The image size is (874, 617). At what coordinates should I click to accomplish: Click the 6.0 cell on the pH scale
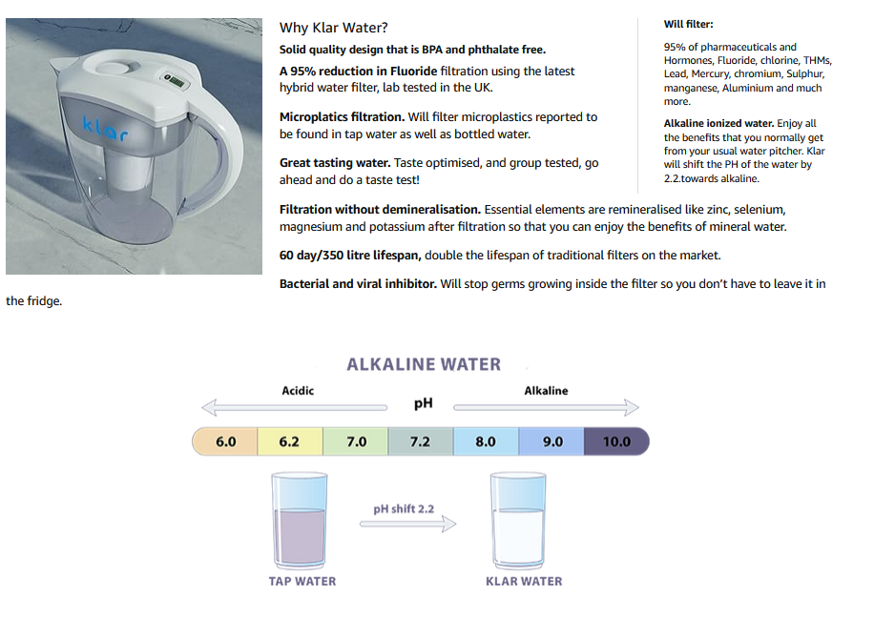coord(225,442)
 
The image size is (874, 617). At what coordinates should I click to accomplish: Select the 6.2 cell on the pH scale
coord(290,442)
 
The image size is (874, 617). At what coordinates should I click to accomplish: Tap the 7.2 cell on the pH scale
coord(420,442)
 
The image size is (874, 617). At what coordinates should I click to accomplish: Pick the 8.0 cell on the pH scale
coord(486,442)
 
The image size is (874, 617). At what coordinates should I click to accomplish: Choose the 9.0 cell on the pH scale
coord(551,442)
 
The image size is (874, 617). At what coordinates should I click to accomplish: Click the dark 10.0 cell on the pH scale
coord(616,442)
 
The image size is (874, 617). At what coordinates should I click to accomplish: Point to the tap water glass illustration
coord(300,521)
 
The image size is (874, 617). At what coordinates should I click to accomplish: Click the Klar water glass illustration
coord(518,521)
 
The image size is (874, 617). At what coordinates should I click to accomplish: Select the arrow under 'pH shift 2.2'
coord(408,524)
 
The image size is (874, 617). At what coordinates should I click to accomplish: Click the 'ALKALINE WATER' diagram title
coord(424,364)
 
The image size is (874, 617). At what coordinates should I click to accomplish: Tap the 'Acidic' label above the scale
coord(298,390)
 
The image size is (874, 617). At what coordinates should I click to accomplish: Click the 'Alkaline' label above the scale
coord(546,390)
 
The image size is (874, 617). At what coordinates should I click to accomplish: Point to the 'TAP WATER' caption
coord(302,581)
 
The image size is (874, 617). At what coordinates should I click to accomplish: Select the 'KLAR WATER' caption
coord(524,581)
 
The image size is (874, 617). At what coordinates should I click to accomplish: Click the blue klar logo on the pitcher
coord(105,128)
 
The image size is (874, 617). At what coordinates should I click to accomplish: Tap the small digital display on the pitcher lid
coord(175,81)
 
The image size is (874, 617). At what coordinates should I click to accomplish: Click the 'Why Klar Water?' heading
coord(333,28)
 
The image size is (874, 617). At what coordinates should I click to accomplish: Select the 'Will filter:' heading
coord(688,24)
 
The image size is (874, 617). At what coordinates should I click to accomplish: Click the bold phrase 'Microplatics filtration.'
coord(342,117)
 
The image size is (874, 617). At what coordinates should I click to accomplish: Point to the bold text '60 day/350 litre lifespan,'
coord(350,255)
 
